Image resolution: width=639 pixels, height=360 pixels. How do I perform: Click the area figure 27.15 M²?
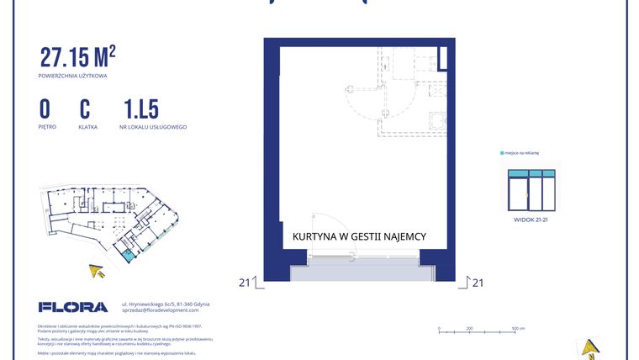(x=77, y=57)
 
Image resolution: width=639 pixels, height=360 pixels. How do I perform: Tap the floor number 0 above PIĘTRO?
(x=45, y=109)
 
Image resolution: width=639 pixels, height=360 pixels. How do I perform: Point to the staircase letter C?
(x=85, y=109)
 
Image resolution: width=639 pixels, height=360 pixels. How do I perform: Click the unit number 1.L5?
(x=140, y=109)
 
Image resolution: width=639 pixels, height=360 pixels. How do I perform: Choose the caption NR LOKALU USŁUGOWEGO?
(x=155, y=127)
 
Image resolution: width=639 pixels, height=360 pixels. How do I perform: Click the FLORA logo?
(x=73, y=307)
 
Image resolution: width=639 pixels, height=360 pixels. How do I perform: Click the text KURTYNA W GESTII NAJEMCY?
(x=359, y=237)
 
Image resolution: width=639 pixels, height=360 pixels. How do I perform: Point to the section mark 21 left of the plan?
(x=245, y=283)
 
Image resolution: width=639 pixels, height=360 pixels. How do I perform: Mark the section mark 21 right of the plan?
(x=478, y=283)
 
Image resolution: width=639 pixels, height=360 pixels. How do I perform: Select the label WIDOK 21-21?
(x=531, y=219)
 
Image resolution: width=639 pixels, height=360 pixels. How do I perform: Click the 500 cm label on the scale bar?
(x=518, y=329)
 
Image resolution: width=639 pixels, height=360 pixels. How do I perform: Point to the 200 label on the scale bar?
(x=469, y=329)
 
